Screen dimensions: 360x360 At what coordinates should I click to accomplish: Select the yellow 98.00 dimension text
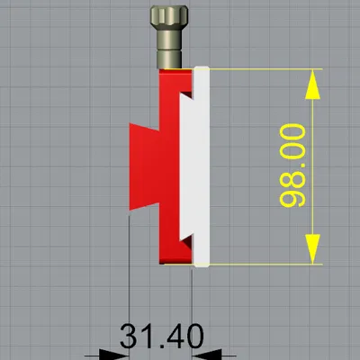point(294,166)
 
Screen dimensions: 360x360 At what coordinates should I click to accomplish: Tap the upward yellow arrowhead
point(311,85)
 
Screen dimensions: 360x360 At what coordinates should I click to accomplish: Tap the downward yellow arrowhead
point(311,247)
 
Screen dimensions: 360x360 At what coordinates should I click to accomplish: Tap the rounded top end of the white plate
point(202,71)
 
